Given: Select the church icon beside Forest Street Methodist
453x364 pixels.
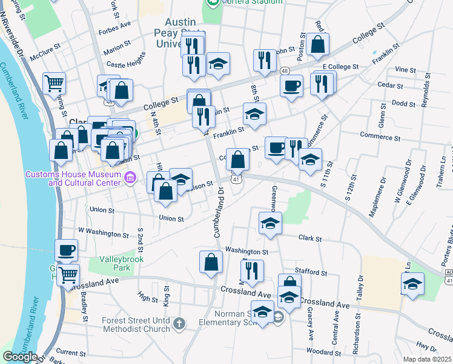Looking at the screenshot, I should click(179, 324).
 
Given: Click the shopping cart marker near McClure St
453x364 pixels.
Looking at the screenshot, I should click(55, 84).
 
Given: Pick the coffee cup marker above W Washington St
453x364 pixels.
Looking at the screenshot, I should click(67, 250).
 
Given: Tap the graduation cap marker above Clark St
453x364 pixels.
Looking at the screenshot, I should click(270, 223).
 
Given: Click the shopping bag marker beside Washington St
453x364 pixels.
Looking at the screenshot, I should click(211, 262).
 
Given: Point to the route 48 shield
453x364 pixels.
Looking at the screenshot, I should click(284, 70).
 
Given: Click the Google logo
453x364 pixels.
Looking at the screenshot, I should click(20, 357).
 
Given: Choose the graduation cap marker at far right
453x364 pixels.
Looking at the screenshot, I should click(412, 284).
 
